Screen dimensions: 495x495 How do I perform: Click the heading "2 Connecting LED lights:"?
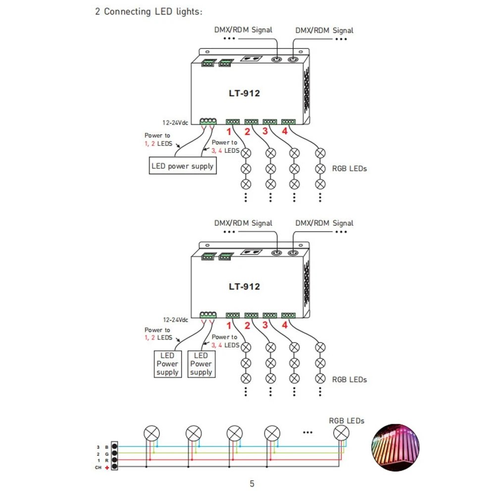[x=148, y=12]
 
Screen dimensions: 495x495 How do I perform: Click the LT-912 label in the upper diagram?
[x=245, y=94]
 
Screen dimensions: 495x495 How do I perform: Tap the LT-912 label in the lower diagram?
[x=245, y=287]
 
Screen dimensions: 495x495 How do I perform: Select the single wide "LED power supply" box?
[x=183, y=166]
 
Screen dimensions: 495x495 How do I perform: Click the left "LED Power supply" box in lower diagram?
[x=168, y=364]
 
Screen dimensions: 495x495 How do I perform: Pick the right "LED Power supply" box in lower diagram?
[x=201, y=364]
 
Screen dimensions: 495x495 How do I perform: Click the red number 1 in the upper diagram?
[x=229, y=132]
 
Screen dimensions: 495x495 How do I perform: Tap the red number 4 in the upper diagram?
[x=285, y=131]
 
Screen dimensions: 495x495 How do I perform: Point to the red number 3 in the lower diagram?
[x=265, y=325]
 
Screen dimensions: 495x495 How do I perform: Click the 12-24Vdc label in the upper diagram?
[x=175, y=122]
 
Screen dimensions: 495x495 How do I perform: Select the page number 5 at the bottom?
[x=252, y=484]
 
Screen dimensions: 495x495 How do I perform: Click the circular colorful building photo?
[x=395, y=447]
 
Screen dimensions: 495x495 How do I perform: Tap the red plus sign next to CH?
[x=107, y=468]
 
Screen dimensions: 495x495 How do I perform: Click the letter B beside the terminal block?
[x=107, y=447]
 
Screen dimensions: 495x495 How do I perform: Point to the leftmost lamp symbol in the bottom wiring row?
[x=151, y=434]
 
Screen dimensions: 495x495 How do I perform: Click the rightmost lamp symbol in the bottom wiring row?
[x=341, y=433]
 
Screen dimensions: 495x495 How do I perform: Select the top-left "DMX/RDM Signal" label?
[x=243, y=30]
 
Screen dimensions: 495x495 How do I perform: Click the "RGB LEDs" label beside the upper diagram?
[x=349, y=169]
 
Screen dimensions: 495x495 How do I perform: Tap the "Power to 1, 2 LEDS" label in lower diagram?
[x=158, y=334]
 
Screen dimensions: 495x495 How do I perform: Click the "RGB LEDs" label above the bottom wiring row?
[x=346, y=421]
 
